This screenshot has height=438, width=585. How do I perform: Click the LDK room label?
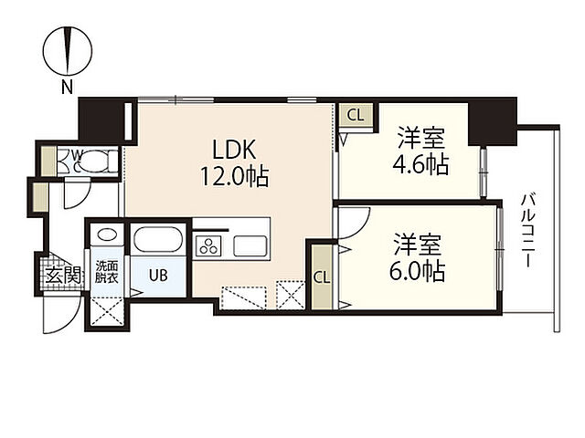[234, 150]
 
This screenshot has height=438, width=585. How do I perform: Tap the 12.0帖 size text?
[234, 176]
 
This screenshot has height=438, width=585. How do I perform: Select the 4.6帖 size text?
[420, 164]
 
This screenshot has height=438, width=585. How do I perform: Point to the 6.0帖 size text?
[417, 271]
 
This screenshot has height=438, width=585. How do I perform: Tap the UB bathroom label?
[158, 276]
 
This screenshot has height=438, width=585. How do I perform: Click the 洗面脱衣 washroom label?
[107, 272]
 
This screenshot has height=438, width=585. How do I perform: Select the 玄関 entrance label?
[64, 276]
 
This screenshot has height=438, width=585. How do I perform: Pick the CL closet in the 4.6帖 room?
[356, 115]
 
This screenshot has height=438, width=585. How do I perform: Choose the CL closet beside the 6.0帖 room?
[322, 277]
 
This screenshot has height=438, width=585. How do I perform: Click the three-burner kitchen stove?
[208, 245]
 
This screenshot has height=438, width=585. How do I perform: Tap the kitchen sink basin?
[250, 245]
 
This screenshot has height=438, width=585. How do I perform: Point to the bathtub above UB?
[158, 239]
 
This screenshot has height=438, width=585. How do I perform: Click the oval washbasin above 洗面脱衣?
[107, 235]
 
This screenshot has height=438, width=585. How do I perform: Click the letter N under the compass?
[67, 88]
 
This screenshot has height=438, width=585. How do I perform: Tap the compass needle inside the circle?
[68, 51]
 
